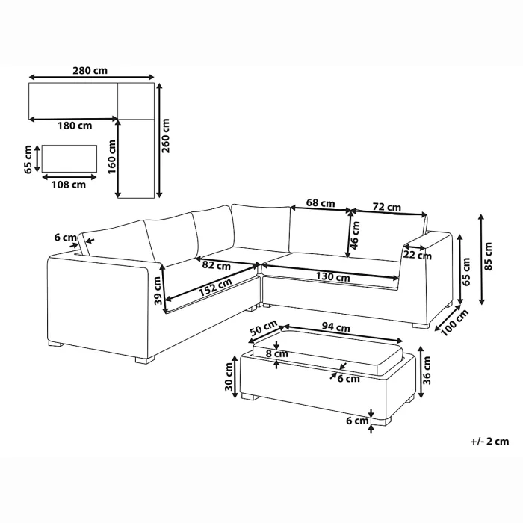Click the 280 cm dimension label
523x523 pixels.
point(90,71)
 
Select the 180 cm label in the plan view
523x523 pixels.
point(75,126)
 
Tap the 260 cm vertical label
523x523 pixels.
point(166,136)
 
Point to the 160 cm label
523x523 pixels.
point(112,157)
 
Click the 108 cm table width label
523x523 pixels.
point(69,185)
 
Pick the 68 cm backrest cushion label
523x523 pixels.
point(321,203)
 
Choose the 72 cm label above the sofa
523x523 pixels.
point(386,208)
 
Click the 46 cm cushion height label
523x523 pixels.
point(355,235)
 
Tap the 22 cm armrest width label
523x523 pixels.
point(417,256)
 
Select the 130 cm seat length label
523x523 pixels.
point(333,277)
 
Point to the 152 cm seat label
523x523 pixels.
point(215,287)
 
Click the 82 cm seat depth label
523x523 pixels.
point(217,266)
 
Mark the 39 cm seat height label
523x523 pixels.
point(158,291)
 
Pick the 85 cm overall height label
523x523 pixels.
point(488,256)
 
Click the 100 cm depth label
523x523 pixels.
point(455,322)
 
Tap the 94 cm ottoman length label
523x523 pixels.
point(336,327)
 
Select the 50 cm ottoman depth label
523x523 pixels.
point(264,328)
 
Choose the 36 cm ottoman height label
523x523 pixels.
point(427,371)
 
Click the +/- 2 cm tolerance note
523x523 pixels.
point(489,442)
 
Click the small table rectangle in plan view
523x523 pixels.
point(69,158)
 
